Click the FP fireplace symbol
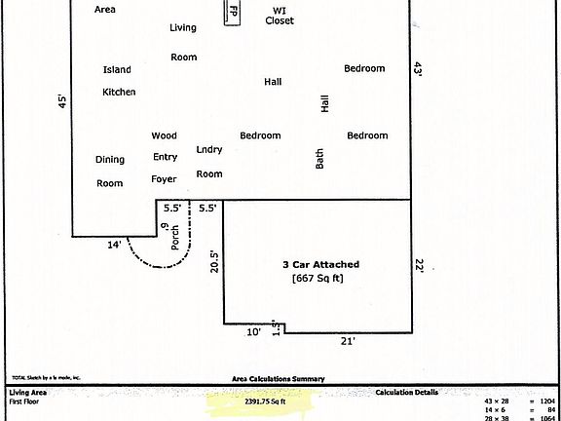233,14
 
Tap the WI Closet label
280,15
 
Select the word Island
117,70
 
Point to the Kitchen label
119,93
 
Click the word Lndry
209,150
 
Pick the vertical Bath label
319,159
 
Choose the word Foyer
164,179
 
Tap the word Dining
110,160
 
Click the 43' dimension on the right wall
419,69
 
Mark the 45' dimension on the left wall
60,100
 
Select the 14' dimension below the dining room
115,246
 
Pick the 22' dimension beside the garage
420,264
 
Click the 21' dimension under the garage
348,341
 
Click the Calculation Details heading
406,393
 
